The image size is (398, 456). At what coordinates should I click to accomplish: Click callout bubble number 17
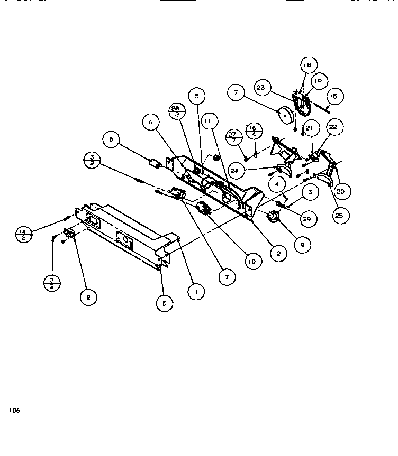[236, 94]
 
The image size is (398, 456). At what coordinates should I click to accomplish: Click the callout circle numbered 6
[151, 123]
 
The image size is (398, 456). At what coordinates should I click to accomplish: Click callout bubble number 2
[88, 298]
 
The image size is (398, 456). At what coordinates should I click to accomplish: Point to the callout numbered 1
[196, 291]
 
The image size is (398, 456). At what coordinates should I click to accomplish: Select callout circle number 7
[227, 276]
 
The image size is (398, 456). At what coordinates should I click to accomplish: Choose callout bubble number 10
[252, 261]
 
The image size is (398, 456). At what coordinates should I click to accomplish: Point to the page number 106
[14, 410]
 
